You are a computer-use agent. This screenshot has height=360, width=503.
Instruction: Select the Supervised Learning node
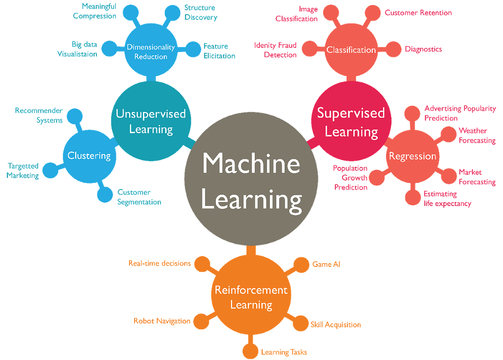coord(351,122)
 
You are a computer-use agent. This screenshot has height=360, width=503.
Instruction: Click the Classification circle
coord(351,50)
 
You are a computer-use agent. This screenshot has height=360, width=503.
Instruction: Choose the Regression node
coord(412,156)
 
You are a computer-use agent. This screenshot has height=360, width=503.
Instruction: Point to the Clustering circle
coord(89,156)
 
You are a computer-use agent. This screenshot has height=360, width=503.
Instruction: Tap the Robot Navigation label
coord(162,321)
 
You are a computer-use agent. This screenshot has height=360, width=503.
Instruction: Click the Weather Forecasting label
coord(477,135)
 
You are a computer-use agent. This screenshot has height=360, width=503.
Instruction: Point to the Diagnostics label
coord(423,50)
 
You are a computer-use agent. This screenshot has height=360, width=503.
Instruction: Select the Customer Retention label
coord(418,13)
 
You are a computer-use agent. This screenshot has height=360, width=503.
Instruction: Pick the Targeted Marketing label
coord(23,171)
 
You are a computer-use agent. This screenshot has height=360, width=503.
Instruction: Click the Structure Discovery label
coord(200,13)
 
